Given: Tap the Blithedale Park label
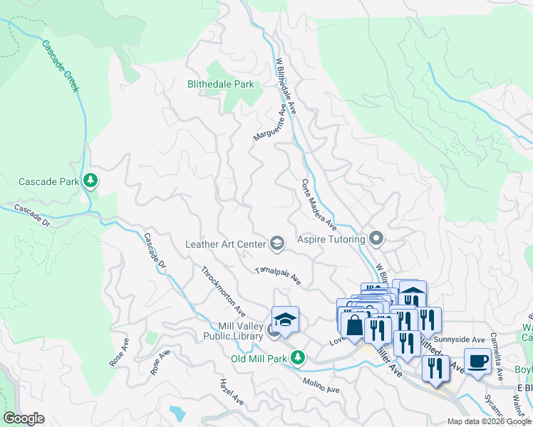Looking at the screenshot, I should tap(220, 84).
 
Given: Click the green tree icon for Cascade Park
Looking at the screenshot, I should tap(90, 181).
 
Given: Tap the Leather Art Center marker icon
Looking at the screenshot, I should tap(276, 244).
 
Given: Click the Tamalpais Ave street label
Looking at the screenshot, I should tap(278, 277).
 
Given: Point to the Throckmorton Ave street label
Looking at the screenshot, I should tap(223, 292).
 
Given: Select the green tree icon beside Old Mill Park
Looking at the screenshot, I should tap(301, 357).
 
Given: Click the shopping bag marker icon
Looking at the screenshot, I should tap(354, 326).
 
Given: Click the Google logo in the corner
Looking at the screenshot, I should tap(24, 418).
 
